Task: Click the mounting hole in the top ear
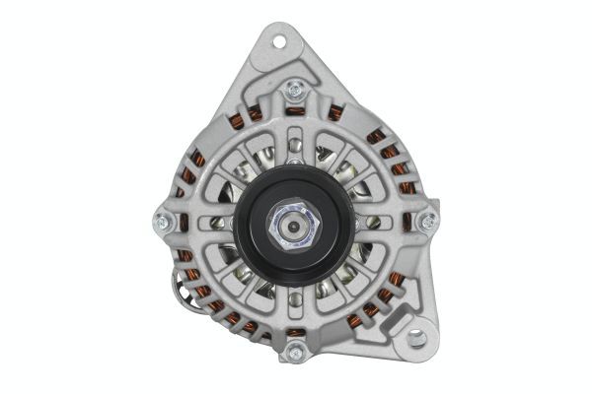pos(276,43)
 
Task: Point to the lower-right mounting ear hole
pos(415,338)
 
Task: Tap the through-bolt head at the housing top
pos(293,93)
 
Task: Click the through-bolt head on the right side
pos(427,222)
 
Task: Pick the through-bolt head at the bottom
pos(292,353)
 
